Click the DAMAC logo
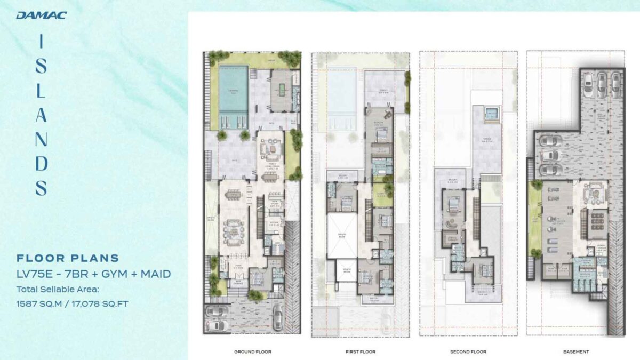pos(41,15)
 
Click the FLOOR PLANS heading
pos(68,259)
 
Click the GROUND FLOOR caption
pos(252,351)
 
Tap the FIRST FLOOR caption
pos(361,351)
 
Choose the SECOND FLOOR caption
pos(468,351)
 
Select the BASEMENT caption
pos(575,351)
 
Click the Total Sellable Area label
pos(58,290)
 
